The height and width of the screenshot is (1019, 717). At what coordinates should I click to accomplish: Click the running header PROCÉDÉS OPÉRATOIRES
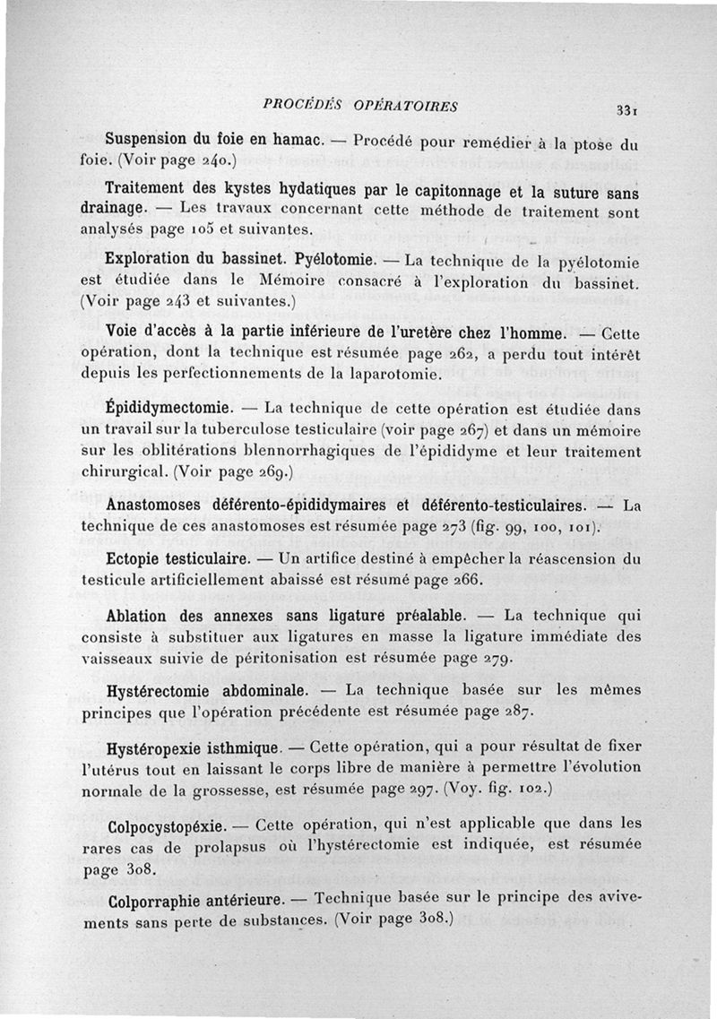point(361,106)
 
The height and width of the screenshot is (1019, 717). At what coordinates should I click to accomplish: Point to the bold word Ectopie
point(134,560)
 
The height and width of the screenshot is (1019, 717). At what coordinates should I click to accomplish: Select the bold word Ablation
point(135,617)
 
